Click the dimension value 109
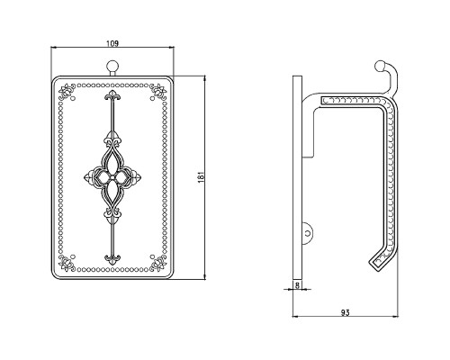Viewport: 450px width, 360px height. click(x=112, y=43)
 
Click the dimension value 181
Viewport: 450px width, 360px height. click(x=202, y=177)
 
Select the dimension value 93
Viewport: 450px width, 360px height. click(x=346, y=312)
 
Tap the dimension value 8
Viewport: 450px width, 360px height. click(x=297, y=285)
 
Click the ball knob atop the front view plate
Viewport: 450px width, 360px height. click(x=112, y=66)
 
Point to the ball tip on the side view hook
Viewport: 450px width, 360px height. click(x=380, y=66)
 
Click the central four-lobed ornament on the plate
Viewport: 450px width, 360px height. click(x=112, y=177)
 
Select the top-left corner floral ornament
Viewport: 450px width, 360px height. click(x=67, y=92)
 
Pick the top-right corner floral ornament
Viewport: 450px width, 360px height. click(x=158, y=92)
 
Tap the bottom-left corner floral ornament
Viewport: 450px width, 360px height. click(x=67, y=263)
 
